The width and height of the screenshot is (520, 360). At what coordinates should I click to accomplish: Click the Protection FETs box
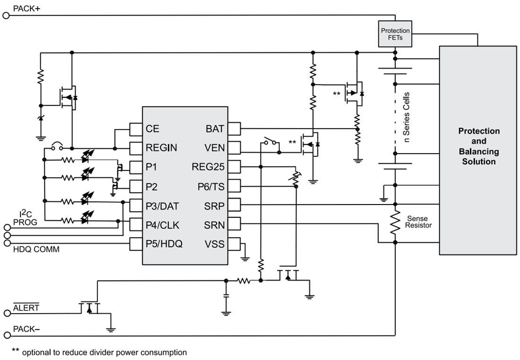click(395, 34)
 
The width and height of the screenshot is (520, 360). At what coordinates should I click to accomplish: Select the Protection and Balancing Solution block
click(478, 146)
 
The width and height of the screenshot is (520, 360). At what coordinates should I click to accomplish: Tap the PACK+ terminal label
click(26, 9)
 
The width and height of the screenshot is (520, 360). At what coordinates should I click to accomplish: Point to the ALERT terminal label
click(26, 308)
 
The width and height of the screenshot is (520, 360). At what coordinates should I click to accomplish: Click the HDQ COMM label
click(36, 249)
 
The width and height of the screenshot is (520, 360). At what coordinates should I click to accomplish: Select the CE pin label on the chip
click(152, 129)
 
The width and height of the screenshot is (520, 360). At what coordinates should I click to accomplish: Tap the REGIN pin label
click(161, 148)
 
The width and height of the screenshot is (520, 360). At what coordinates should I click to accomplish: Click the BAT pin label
click(215, 129)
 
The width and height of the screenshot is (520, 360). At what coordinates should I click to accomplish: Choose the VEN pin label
click(215, 148)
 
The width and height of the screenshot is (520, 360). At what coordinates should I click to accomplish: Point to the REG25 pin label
click(208, 167)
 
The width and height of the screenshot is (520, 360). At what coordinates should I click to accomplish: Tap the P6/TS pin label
click(211, 187)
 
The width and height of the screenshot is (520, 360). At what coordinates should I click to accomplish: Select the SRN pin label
click(215, 225)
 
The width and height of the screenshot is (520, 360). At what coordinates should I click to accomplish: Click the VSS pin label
click(215, 244)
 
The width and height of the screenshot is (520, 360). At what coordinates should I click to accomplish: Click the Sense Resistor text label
click(418, 222)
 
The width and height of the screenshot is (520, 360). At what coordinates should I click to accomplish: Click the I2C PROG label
click(25, 219)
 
